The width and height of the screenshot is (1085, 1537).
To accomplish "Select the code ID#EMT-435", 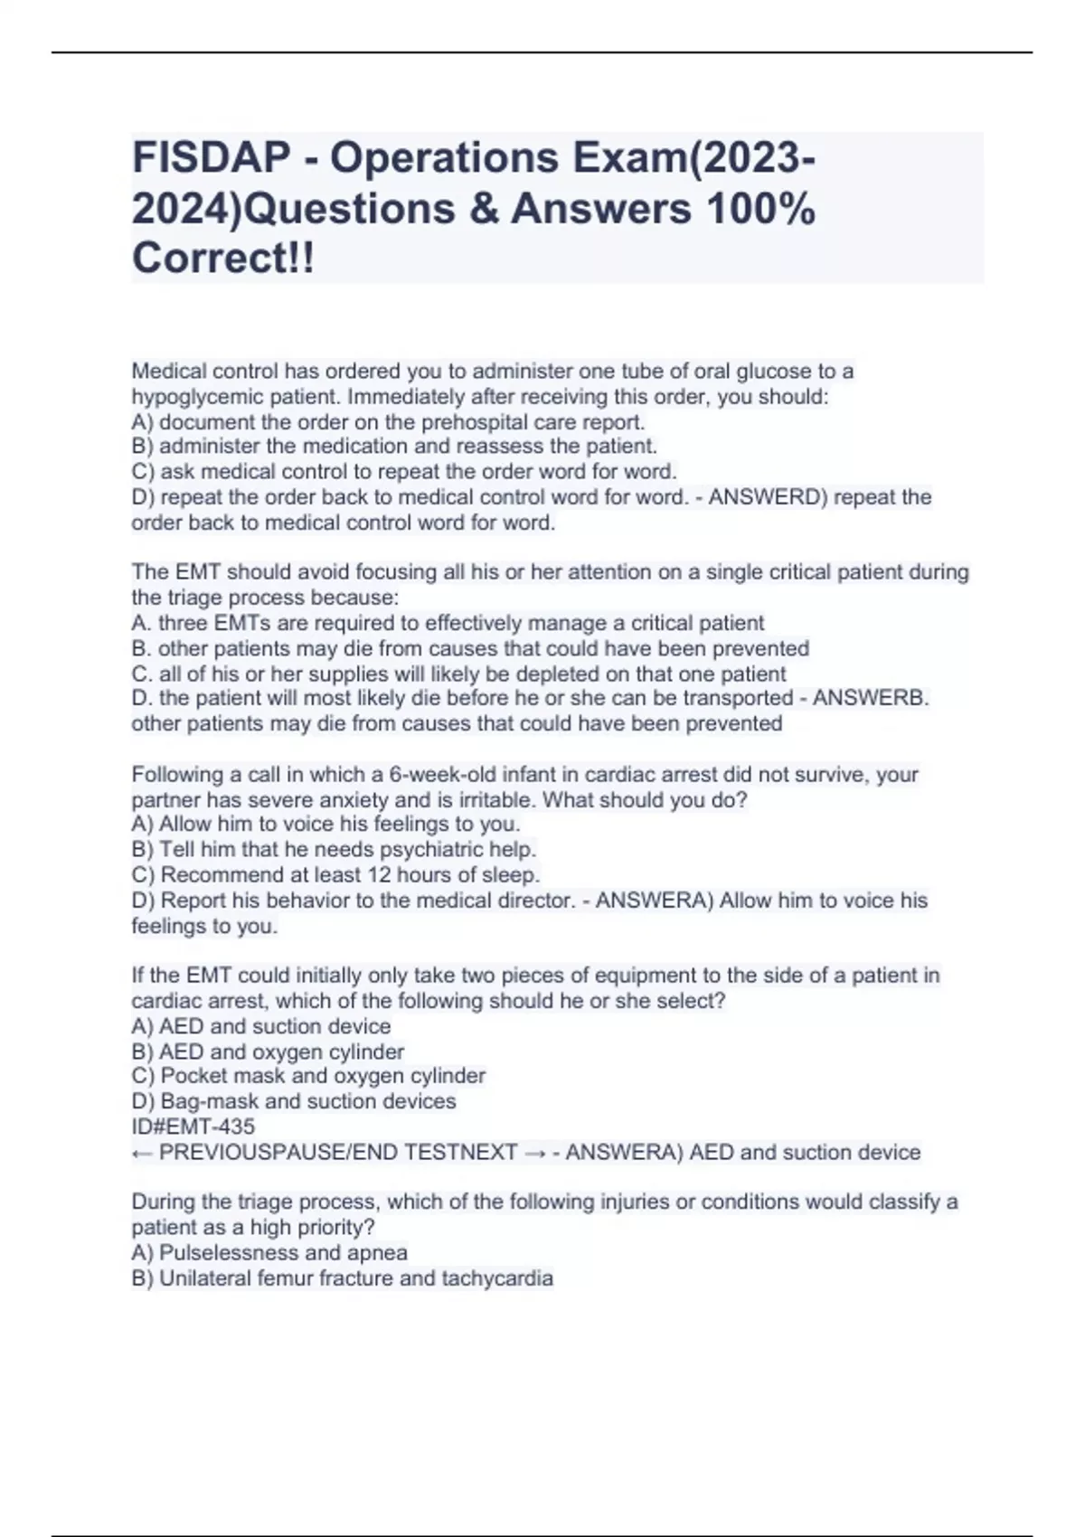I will [193, 1127].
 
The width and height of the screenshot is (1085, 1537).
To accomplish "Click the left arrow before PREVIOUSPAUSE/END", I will [141, 1153].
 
